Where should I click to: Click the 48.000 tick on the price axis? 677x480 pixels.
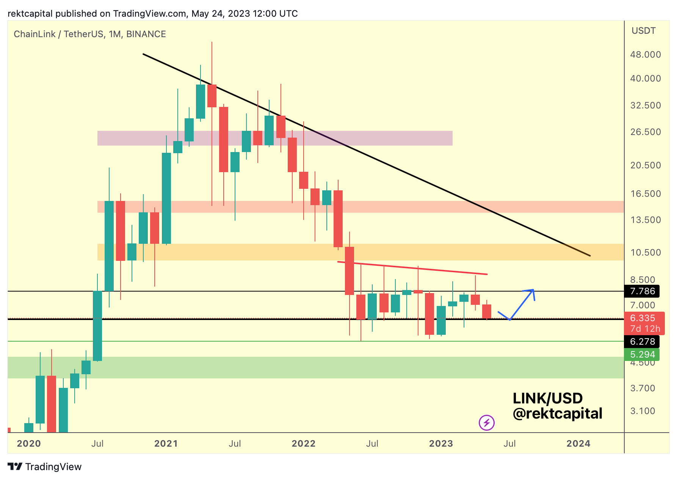(645, 55)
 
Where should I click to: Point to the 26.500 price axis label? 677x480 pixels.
(645, 132)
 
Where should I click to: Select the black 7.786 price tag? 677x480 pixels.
(642, 291)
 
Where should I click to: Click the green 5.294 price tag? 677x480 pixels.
(642, 355)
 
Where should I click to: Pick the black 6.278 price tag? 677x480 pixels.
(642, 342)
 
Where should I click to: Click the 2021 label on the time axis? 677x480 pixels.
(166, 444)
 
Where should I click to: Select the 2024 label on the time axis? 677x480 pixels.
(578, 444)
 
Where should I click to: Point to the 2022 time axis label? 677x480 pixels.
(303, 444)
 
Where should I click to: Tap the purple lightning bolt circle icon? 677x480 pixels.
(487, 422)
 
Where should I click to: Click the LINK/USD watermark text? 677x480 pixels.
(547, 398)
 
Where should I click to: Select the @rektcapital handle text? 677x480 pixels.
(557, 414)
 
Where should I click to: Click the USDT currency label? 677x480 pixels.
(643, 31)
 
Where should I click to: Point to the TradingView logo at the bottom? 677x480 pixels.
(45, 467)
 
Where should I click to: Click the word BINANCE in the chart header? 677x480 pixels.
(146, 34)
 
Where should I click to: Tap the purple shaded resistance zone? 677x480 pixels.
(275, 138)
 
